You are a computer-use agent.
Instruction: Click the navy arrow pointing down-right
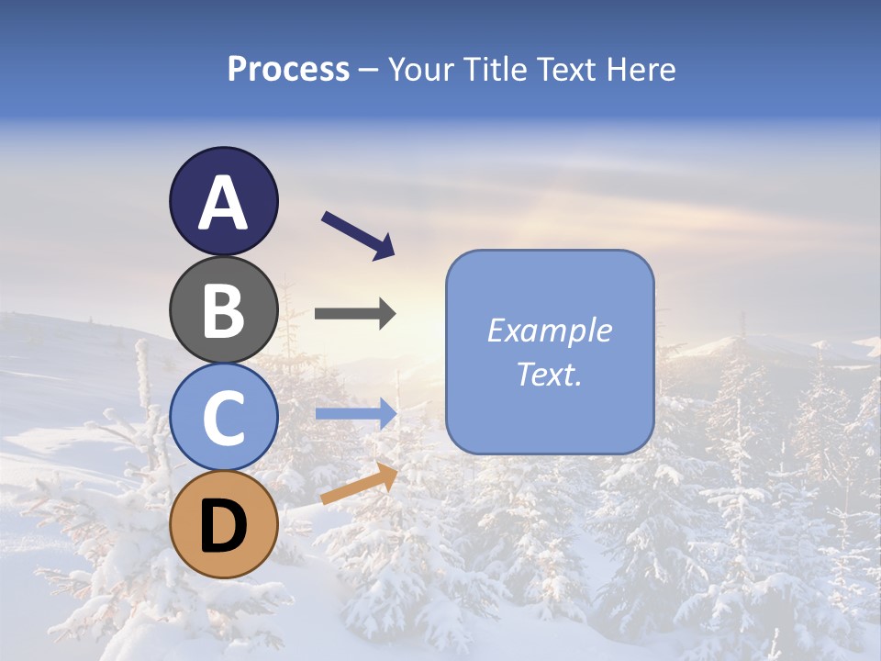358,235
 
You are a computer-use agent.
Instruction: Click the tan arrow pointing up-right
359,484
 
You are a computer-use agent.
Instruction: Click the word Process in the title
288,70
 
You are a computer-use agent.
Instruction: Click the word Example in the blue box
549,330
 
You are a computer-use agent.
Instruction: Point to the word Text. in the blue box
549,374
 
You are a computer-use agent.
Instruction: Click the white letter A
223,204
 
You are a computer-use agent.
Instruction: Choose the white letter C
223,418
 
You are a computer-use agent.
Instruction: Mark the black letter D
223,526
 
